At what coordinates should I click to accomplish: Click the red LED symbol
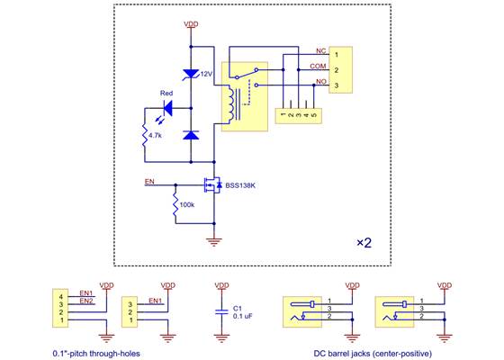[x=164, y=109]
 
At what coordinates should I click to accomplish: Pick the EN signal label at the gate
[x=149, y=182]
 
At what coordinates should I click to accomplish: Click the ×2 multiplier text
[x=365, y=244]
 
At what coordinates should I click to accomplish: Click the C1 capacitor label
[x=238, y=307]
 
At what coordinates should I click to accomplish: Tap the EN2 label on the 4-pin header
[x=85, y=301]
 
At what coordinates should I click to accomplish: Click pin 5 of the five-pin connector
[x=314, y=114]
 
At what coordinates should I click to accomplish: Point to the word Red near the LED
[x=166, y=94]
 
